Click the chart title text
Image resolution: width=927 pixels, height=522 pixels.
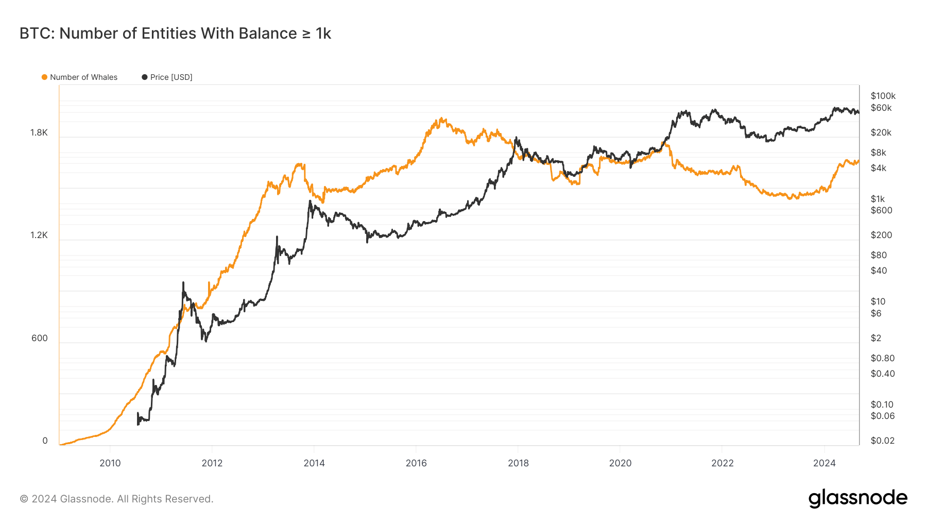(x=175, y=33)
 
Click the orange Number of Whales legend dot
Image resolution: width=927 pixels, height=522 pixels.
(x=44, y=77)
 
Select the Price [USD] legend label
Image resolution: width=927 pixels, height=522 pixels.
(x=171, y=77)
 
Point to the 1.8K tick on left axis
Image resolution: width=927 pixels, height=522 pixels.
(x=39, y=133)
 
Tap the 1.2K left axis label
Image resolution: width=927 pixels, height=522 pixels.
(x=39, y=235)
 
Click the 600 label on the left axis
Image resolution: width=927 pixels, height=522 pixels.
(x=39, y=339)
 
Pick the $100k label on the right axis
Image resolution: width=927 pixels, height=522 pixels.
(x=883, y=96)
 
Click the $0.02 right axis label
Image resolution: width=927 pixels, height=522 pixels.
(x=882, y=441)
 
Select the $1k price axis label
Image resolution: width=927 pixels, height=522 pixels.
(x=878, y=199)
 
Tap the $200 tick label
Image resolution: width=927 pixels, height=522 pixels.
(x=881, y=235)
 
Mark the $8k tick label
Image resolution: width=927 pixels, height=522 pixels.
(x=878, y=153)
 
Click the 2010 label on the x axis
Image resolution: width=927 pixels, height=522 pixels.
(x=110, y=463)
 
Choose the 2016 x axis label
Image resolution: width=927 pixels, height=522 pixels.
(x=416, y=463)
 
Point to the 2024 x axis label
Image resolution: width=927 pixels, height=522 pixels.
(x=824, y=463)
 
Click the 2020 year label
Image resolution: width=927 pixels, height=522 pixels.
(x=620, y=463)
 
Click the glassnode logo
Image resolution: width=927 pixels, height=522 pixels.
(x=857, y=498)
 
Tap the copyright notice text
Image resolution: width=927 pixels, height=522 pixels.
(x=116, y=499)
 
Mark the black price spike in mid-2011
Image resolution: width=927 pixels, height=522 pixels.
(x=183, y=282)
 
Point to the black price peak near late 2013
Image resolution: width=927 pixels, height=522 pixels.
(x=310, y=201)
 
